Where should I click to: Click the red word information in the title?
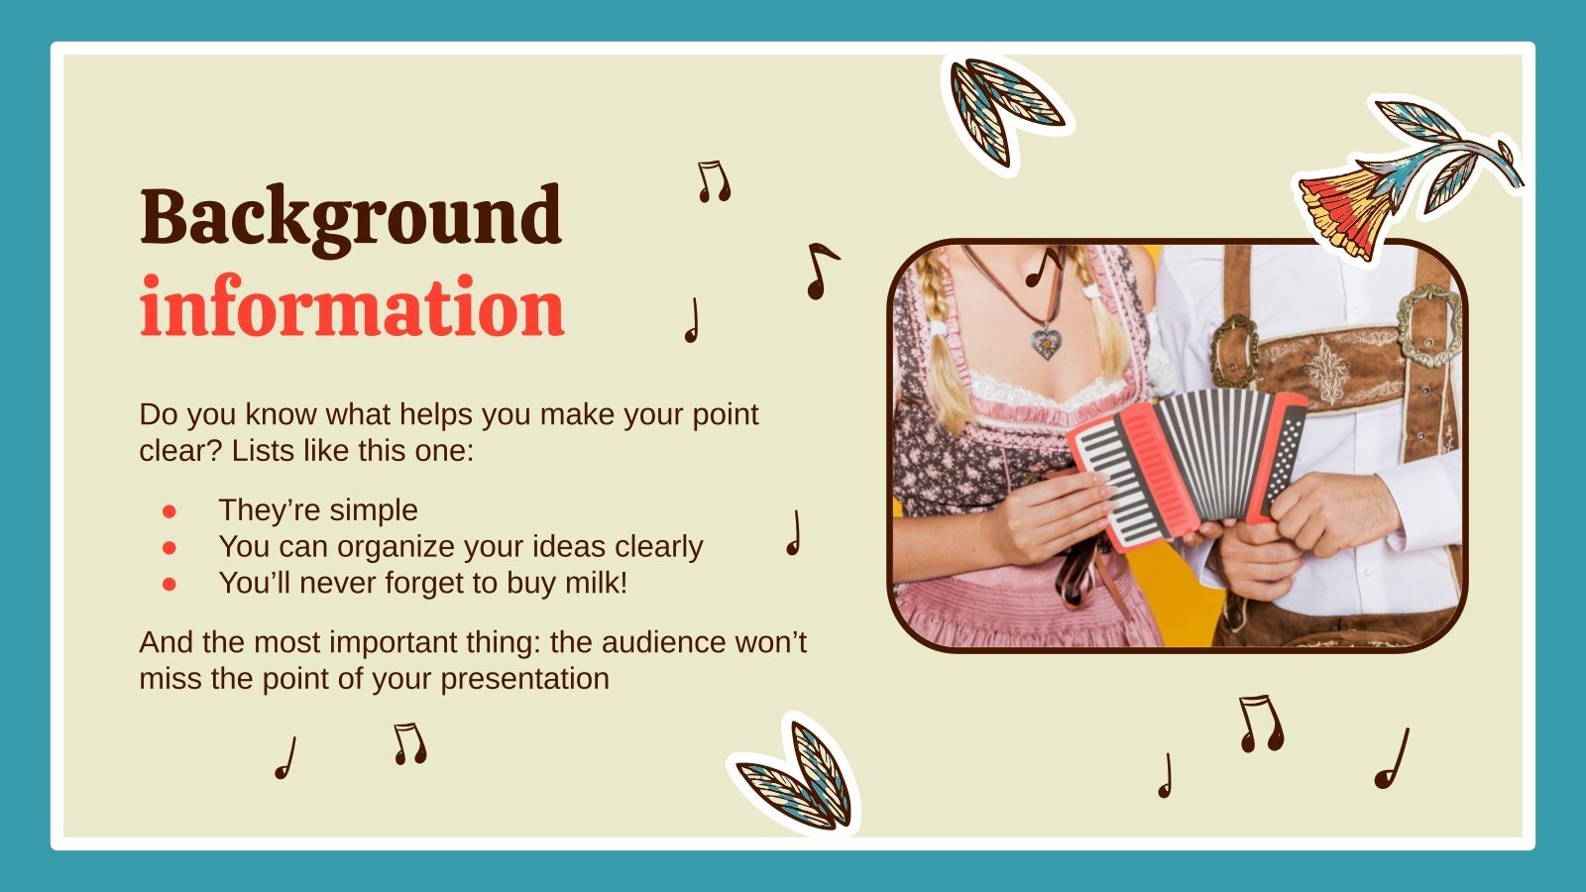[x=352, y=308]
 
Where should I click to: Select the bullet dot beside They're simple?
[x=170, y=510]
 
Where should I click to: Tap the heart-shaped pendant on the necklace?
[x=1045, y=343]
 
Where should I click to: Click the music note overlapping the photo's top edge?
[x=1043, y=266]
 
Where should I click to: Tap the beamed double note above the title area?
[x=714, y=181]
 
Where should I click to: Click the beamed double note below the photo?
[x=1261, y=724]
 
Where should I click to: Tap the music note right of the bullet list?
[x=793, y=533]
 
